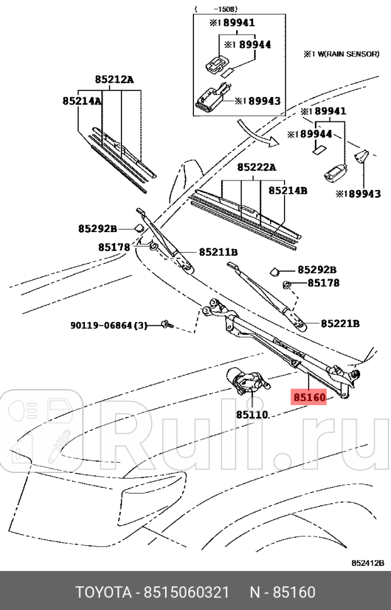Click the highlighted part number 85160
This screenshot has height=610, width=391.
tap(308, 398)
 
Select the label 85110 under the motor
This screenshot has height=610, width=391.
tap(252, 415)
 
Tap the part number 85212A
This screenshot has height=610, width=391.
tap(115, 79)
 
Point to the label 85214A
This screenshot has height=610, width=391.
tap(82, 101)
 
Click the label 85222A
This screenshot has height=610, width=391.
tap(256, 168)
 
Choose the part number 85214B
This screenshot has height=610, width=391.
tap(288, 189)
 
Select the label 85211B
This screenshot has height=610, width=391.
tap(218, 252)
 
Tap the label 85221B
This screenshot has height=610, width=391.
tap(340, 324)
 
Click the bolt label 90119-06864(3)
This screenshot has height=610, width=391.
tap(108, 326)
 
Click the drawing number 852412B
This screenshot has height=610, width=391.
tap(368, 563)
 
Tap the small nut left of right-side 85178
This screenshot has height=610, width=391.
tap(286, 284)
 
